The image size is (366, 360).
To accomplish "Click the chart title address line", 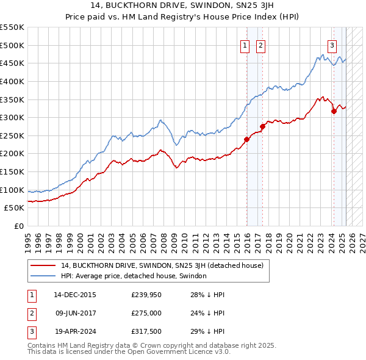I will tap(183, 7).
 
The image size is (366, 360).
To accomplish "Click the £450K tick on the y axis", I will tap(12, 63).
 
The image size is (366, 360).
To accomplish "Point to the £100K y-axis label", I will tap(12, 190).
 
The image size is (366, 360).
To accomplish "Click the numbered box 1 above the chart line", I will tap(245, 45).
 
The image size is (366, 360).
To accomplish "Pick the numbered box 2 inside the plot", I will tap(260, 45).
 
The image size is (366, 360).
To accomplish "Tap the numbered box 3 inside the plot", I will tap(332, 45).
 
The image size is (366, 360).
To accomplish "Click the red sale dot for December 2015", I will tap(247, 139).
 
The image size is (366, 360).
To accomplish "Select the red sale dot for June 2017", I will tap(262, 126).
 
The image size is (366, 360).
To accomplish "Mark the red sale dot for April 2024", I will tap(334, 111).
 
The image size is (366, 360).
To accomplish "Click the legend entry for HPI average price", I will tap(134, 276).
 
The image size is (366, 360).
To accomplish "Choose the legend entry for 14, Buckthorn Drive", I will tap(162, 265).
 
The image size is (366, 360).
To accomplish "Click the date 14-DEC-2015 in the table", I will tap(75, 295).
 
